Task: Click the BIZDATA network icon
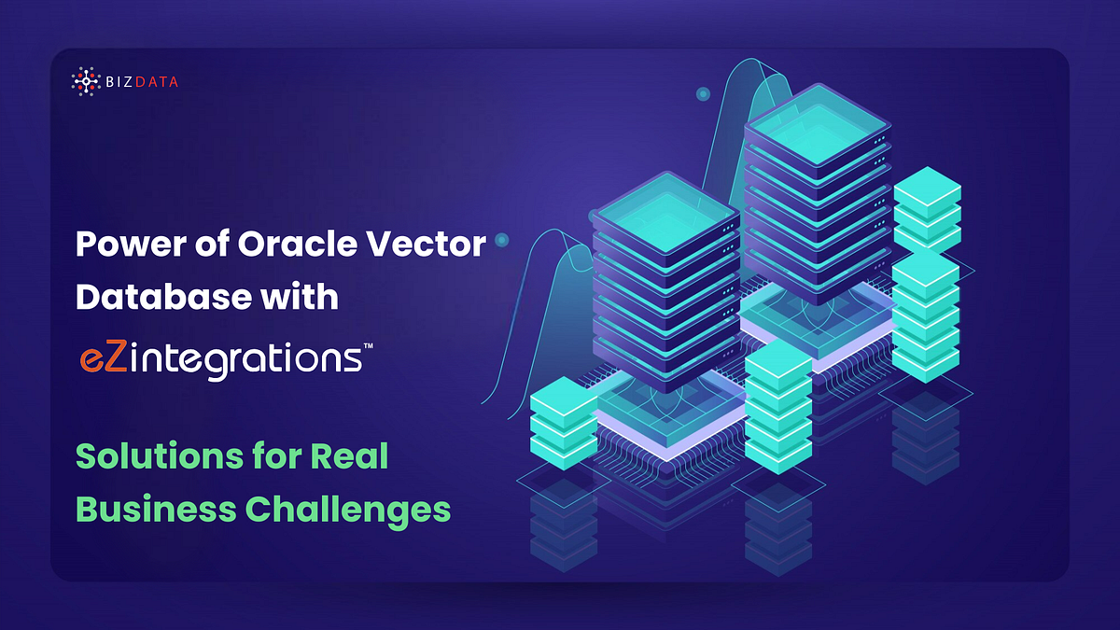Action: [85, 82]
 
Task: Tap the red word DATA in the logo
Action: [158, 82]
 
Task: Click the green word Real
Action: [350, 457]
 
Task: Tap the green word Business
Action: [156, 510]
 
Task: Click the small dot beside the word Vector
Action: [502, 241]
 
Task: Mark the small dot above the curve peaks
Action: [703, 94]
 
